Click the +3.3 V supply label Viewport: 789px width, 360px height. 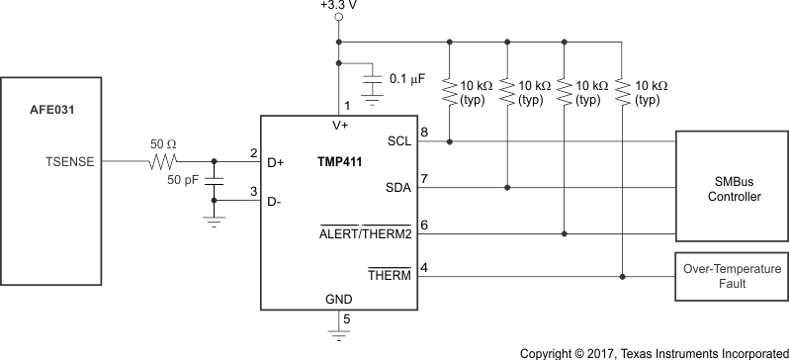pos(339,6)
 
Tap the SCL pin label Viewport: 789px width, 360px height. pos(397,142)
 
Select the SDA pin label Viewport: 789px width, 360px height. pos(397,187)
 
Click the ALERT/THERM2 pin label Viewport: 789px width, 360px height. pos(365,233)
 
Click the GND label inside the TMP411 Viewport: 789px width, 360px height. pos(339,297)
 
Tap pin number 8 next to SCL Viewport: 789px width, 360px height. pos(424,132)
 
